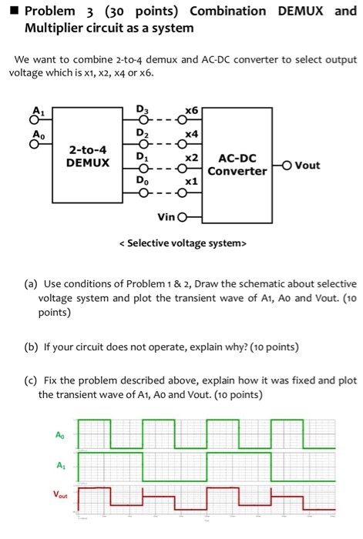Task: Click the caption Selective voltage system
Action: (182, 244)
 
